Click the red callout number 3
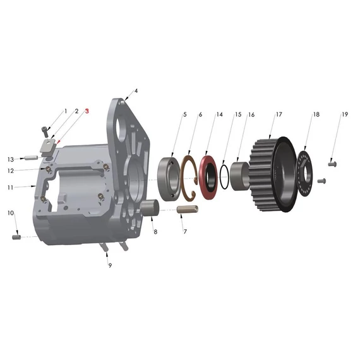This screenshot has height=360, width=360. (x=87, y=111)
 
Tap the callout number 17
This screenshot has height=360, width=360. (x=279, y=114)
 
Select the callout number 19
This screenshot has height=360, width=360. (x=345, y=114)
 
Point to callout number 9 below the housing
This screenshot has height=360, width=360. (x=110, y=265)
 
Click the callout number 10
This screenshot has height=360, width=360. (x=11, y=213)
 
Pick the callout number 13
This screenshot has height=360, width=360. (x=11, y=159)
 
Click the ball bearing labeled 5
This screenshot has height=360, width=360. (x=169, y=179)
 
